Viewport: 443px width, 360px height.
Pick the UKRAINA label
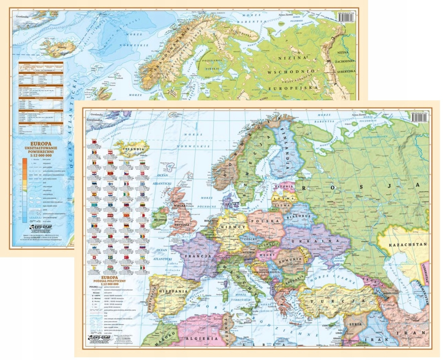[x=311, y=241]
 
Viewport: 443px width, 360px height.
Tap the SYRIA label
[x=355, y=324]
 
